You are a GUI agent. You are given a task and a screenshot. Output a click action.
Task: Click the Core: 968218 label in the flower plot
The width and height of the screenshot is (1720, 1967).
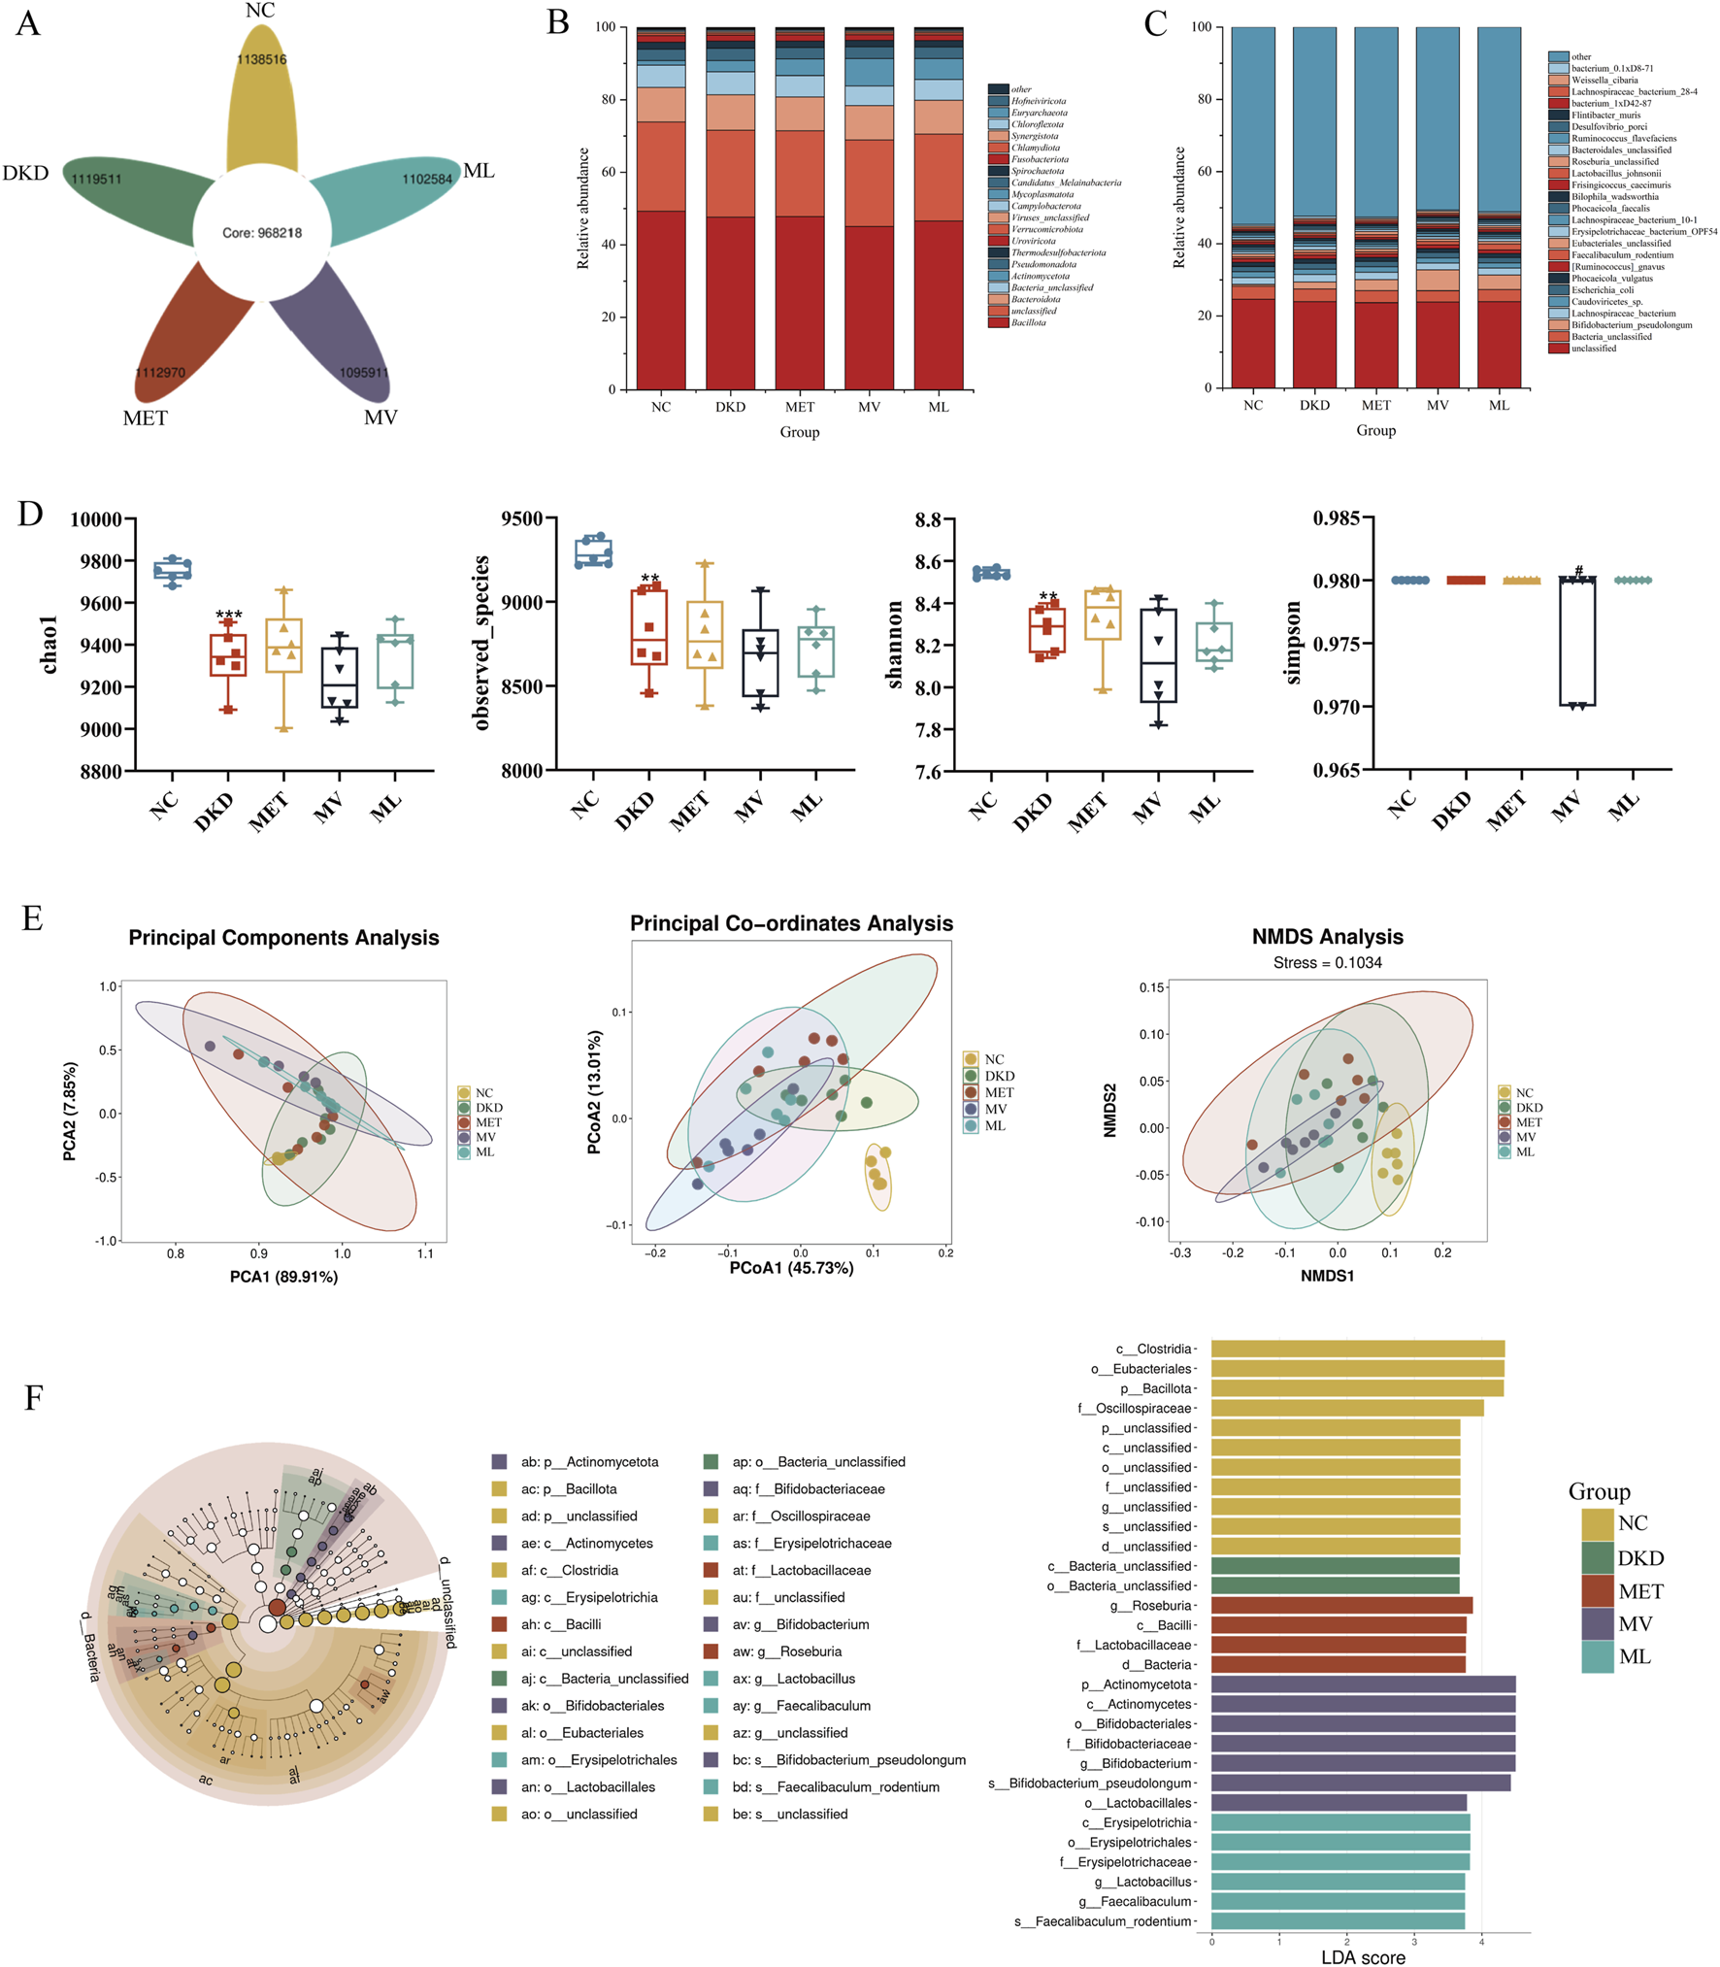262,233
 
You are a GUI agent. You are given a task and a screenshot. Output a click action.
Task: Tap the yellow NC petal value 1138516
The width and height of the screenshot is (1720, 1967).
262,59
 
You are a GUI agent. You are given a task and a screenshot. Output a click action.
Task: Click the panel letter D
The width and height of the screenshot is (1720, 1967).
30,514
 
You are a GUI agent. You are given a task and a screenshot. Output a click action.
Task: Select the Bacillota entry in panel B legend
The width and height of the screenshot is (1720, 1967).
1028,322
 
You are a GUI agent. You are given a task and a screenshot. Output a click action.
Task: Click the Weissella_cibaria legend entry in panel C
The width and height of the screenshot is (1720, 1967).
1604,81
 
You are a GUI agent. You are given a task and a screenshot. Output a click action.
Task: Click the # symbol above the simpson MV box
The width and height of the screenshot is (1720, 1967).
1579,570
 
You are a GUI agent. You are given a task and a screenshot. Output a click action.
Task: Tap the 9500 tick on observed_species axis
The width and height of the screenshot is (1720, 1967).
522,518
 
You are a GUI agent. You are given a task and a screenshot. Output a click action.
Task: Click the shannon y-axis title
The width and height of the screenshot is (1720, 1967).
895,645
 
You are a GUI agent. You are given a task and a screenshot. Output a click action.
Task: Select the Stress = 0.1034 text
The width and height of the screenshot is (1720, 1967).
1327,962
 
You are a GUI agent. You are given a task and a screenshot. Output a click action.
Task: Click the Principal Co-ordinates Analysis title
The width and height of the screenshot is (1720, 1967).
791,923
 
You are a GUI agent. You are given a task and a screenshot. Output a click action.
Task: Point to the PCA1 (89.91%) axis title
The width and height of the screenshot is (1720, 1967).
283,1277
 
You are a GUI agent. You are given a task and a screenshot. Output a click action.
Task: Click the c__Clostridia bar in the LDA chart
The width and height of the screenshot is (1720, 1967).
1357,1349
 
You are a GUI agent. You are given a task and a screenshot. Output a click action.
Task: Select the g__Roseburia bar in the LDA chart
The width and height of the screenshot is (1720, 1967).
1340,1606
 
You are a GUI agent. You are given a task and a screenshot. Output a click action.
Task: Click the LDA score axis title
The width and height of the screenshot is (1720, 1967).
1362,1957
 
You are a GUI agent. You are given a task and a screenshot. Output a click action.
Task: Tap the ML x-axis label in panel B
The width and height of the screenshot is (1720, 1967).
938,407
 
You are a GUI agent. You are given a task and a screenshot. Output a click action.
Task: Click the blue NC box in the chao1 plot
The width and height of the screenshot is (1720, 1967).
173,571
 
